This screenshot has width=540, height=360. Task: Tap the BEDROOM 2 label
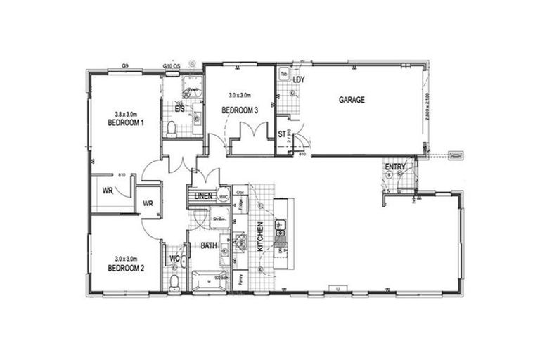click(126, 268)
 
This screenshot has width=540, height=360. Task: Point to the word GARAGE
click(352, 100)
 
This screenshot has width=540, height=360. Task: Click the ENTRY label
click(395, 167)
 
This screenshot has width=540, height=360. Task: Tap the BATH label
click(209, 246)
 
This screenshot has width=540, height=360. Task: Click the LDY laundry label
click(300, 80)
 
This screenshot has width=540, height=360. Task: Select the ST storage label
click(282, 133)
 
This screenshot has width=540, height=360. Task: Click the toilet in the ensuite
click(172, 127)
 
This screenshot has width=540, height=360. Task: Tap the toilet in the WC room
click(174, 281)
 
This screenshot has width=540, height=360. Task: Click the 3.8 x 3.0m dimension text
click(126, 113)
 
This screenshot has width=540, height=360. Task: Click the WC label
click(174, 259)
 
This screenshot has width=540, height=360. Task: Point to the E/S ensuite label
click(179, 109)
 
